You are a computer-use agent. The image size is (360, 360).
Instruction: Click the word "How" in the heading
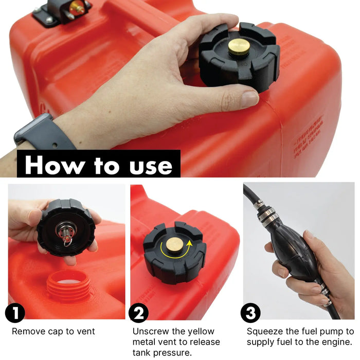[52, 165]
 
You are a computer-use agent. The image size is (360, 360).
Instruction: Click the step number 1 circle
[15, 314]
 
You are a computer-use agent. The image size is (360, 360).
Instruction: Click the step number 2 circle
[139, 313]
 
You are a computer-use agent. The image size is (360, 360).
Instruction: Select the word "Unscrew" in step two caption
[150, 332]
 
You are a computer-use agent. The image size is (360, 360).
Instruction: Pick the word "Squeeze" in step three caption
[265, 332]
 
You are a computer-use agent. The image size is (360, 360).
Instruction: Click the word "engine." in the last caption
[337, 342]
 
